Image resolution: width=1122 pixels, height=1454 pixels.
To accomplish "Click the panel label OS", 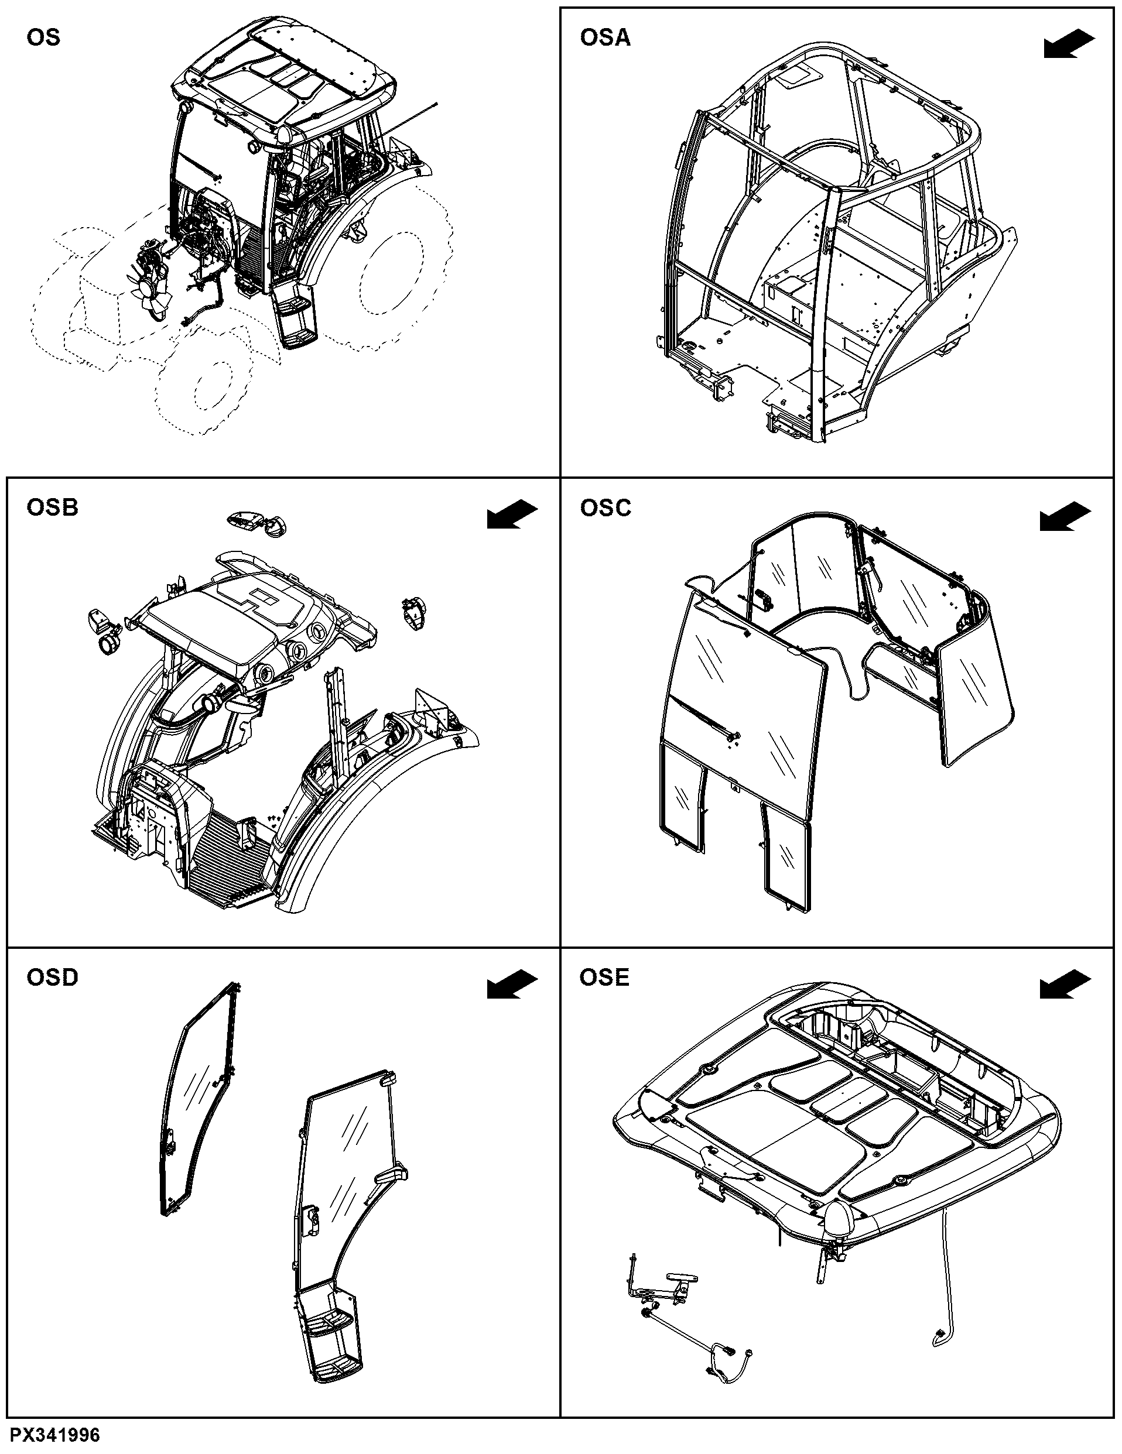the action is tap(43, 37).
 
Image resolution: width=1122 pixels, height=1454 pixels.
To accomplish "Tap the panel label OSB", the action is tap(52, 507).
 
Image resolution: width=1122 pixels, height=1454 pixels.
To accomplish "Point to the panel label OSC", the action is tap(606, 507).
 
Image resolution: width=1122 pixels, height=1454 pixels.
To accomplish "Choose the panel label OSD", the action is tap(52, 978).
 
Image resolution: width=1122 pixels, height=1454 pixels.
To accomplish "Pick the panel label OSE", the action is tap(604, 978).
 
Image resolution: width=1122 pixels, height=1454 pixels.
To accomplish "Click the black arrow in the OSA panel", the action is tap(1069, 44).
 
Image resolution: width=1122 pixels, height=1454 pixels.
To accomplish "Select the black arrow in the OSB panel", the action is tap(512, 515).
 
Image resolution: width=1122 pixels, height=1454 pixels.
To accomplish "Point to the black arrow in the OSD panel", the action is tap(512, 985).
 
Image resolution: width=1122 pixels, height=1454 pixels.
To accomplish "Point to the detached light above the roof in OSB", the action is tap(255, 524).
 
